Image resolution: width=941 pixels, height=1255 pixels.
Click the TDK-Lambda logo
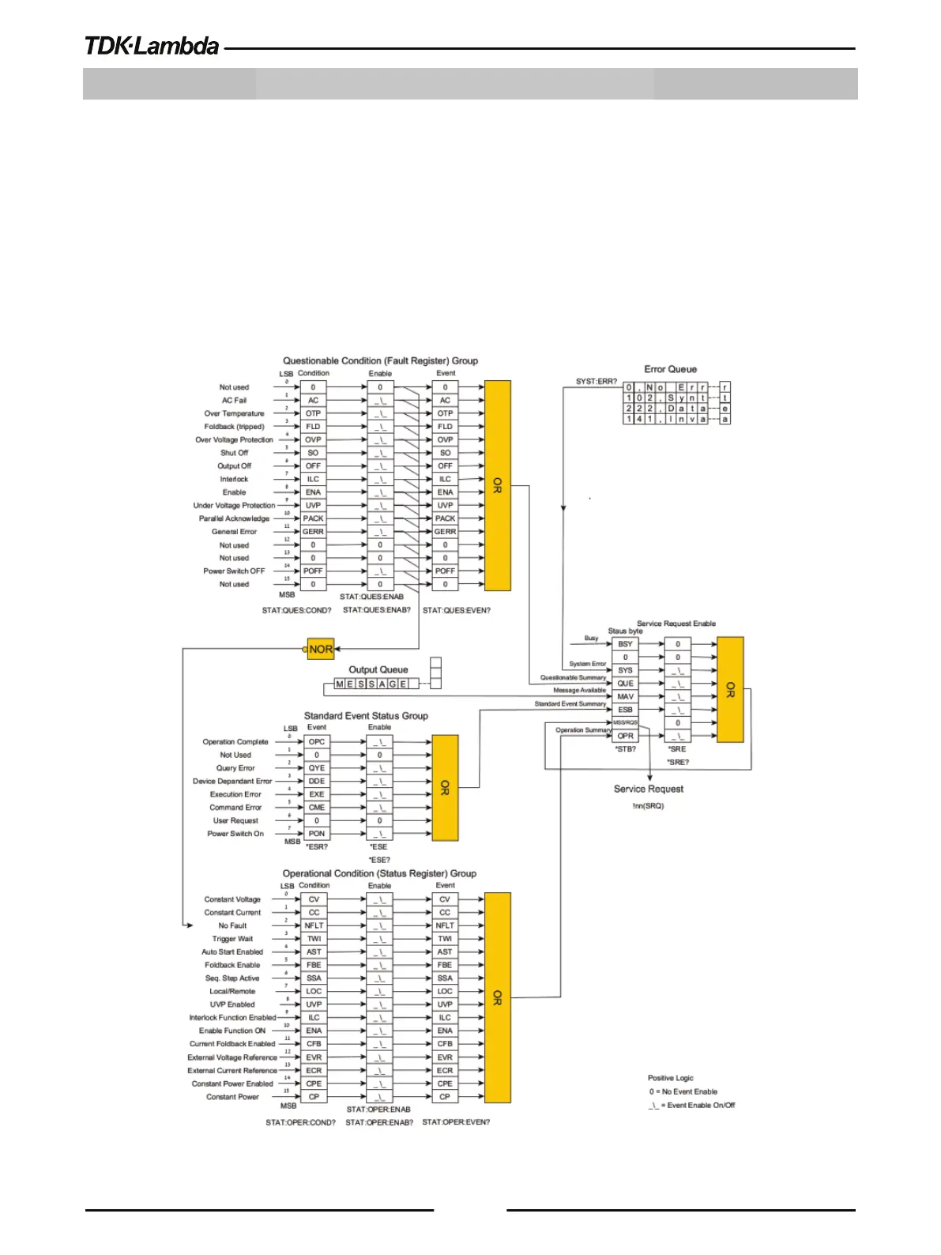tap(152, 46)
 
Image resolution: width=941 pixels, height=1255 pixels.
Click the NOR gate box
tap(321, 649)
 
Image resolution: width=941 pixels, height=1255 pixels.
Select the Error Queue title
tap(670, 369)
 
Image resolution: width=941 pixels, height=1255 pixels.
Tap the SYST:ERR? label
tap(596, 382)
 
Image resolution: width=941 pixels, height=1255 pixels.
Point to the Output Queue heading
tap(378, 669)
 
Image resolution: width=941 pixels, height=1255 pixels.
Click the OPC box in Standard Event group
tap(317, 742)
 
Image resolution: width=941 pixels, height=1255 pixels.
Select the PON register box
tap(317, 834)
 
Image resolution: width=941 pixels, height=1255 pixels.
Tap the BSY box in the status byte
tap(625, 644)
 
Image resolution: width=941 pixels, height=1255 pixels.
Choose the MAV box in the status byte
tap(625, 697)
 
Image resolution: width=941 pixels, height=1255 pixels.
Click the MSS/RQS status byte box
tap(625, 722)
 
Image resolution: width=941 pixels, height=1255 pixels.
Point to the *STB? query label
tap(625, 749)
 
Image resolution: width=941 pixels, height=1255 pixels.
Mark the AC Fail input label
tap(234, 401)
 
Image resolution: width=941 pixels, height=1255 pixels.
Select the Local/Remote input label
tap(232, 991)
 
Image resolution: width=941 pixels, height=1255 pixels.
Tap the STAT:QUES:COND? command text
tap(296, 611)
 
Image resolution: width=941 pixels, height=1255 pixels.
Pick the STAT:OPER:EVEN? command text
tap(456, 1122)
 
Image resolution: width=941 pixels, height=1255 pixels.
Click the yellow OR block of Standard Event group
tap(445, 788)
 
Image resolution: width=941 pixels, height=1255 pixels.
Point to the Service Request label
tap(648, 789)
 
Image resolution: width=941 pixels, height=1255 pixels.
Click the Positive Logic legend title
tap(670, 1078)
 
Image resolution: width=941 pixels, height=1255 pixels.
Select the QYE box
tap(317, 768)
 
